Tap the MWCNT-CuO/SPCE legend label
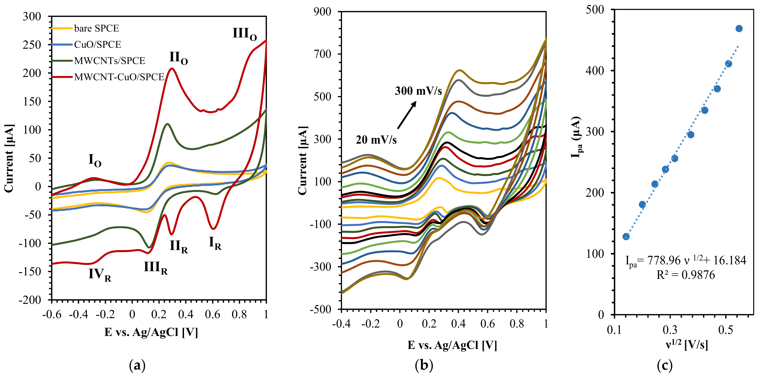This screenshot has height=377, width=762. tap(119, 77)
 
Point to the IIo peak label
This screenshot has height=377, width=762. tap(178, 58)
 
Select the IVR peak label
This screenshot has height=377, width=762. tap(100, 274)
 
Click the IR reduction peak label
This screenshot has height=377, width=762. tap(215, 243)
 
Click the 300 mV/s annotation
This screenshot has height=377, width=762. tap(418, 91)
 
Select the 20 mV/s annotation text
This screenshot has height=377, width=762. tap(376, 140)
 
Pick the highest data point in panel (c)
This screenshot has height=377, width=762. tap(739, 29)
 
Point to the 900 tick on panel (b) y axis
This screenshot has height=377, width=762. tap(322, 12)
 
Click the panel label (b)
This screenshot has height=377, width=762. tap(424, 366)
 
